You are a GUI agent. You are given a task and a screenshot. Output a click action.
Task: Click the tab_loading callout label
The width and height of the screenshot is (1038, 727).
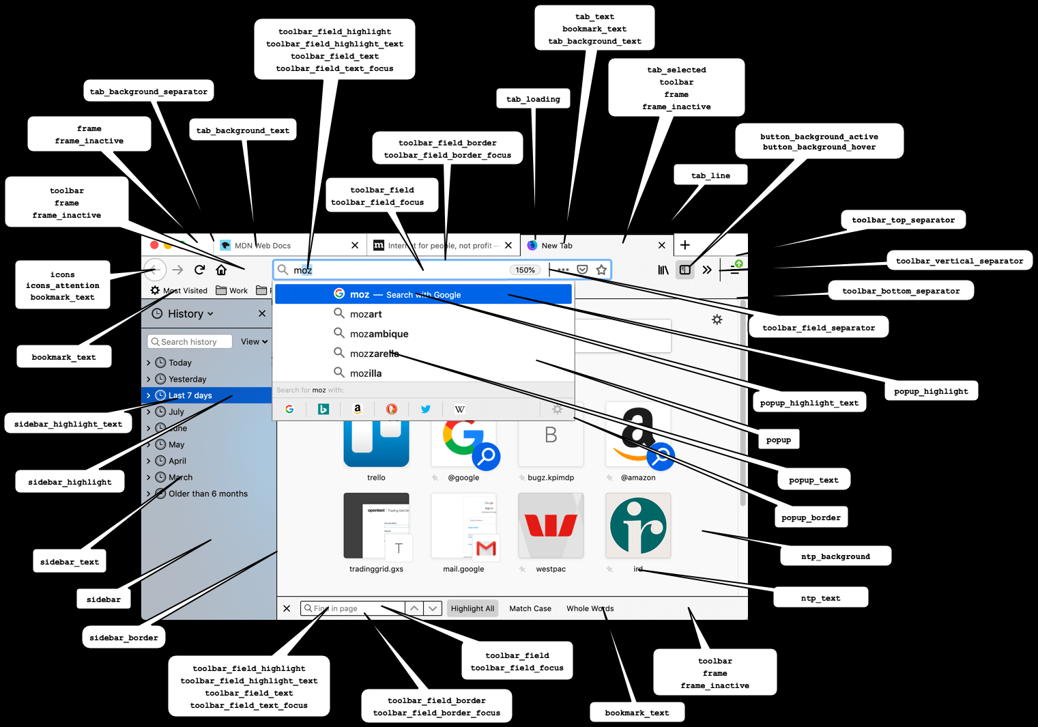[x=533, y=99]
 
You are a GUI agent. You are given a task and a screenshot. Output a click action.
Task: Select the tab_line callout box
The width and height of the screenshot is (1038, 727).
[x=710, y=175]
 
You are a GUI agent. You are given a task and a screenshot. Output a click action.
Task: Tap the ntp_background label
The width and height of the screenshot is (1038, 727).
[x=835, y=556]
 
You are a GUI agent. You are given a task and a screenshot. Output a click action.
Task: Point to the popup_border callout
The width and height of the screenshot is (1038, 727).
[x=811, y=517]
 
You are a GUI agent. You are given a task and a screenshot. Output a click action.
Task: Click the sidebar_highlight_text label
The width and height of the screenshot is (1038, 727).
[x=68, y=424]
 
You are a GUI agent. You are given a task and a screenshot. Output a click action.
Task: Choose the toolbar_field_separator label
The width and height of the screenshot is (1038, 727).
[x=818, y=328]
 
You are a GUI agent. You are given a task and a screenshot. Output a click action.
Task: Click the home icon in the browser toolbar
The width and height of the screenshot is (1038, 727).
[x=221, y=270]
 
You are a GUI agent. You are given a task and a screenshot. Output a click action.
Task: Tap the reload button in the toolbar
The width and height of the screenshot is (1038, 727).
[x=199, y=270]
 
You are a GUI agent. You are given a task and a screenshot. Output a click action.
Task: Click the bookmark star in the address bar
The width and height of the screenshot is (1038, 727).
[x=601, y=270]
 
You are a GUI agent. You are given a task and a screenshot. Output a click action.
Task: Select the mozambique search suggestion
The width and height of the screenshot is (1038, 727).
[x=379, y=334]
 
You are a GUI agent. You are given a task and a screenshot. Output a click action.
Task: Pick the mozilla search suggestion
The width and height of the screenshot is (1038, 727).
[x=366, y=373]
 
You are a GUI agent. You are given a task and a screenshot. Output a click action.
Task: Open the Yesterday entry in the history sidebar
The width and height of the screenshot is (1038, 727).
[x=187, y=379]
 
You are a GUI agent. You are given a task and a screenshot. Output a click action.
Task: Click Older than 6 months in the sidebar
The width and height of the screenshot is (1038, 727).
[x=207, y=494]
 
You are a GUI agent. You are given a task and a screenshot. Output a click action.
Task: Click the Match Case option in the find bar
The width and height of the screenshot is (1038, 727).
[x=530, y=608]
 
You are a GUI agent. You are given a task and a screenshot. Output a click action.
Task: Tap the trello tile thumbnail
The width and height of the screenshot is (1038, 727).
[x=376, y=444]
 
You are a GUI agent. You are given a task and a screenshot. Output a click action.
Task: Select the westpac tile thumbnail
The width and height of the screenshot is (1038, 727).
[x=551, y=526]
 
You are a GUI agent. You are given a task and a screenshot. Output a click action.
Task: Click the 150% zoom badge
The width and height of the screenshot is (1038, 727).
[x=525, y=270]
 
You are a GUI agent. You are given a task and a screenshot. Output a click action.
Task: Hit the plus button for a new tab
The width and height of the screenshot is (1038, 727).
[x=685, y=245]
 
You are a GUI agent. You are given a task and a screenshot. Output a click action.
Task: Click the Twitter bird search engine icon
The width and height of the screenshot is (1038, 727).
[x=425, y=409]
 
